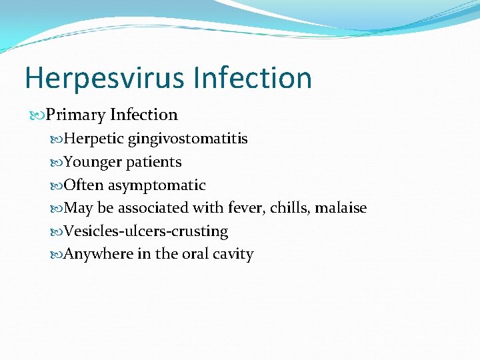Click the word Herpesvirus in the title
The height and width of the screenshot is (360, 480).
pyautogui.click(x=105, y=78)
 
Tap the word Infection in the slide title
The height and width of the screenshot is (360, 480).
pyautogui.click(x=253, y=77)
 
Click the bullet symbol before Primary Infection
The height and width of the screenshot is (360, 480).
pyautogui.click(x=37, y=115)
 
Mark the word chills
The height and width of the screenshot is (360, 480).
pyautogui.click(x=290, y=208)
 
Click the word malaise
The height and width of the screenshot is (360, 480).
pyautogui.click(x=341, y=208)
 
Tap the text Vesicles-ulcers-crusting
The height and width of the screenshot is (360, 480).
pyautogui.click(x=146, y=231)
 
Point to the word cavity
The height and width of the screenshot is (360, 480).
pyautogui.click(x=233, y=255)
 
